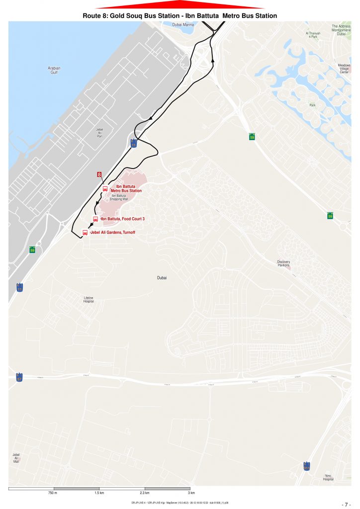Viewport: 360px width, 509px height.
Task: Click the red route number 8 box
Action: pos(99,174)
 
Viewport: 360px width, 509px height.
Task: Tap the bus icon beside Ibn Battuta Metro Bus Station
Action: pos(105,188)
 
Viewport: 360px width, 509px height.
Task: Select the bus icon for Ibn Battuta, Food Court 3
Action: pos(95,219)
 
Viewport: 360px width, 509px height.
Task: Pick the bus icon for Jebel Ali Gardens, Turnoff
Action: pos(85,233)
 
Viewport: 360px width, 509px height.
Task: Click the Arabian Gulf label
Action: pos(54,70)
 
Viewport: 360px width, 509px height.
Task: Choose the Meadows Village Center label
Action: pos(344,69)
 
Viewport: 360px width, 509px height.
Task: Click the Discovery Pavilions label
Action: pos(284,263)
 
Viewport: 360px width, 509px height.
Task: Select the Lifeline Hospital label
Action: pos(88,300)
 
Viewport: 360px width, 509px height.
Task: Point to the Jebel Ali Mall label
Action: pos(16,458)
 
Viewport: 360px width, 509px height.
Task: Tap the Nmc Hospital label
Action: pos(328,477)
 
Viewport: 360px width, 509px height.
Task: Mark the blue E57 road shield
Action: pos(19,377)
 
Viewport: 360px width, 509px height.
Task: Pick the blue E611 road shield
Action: pos(307,466)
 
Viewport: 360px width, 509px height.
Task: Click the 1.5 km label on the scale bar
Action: pos(99,493)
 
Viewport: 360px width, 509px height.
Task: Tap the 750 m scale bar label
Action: pos(52,493)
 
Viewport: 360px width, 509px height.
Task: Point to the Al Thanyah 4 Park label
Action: pos(313,35)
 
